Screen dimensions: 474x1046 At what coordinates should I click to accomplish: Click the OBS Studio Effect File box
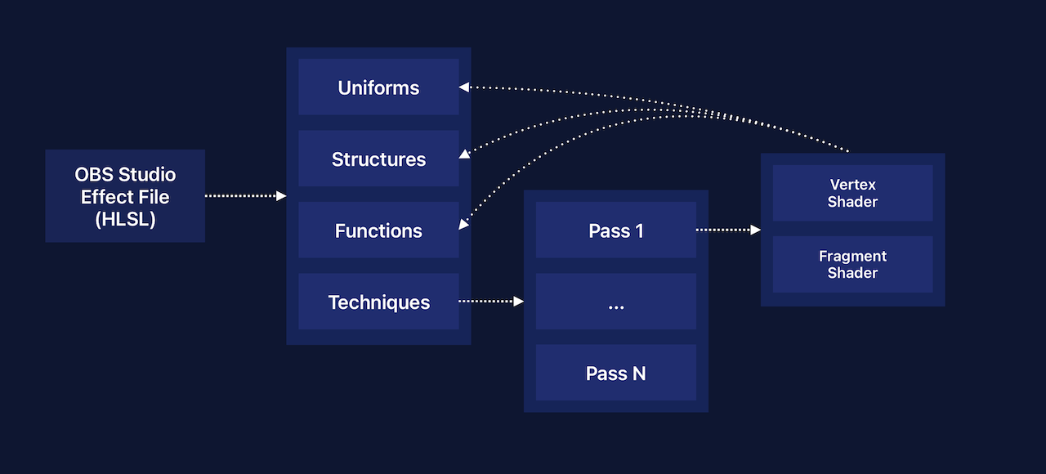point(125,196)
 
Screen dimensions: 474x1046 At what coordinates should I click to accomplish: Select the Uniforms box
point(378,87)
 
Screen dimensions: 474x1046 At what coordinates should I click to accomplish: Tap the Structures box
point(378,159)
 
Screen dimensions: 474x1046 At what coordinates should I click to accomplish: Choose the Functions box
point(378,230)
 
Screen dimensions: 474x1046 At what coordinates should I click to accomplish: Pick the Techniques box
point(378,302)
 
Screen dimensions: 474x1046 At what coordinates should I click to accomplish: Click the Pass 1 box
point(616,230)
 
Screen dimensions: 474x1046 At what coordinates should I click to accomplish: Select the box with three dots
point(616,302)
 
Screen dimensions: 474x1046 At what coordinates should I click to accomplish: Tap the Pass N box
point(616,373)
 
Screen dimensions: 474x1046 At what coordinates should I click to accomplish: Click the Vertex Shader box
point(852,193)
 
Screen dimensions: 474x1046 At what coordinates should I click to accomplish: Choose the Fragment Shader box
point(852,264)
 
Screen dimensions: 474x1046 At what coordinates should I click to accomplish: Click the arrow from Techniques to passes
point(490,302)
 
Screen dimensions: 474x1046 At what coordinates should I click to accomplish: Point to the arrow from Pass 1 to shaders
point(727,230)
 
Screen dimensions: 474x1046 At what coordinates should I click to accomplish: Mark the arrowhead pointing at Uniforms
point(463,86)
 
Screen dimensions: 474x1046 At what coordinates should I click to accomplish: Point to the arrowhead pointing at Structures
point(464,154)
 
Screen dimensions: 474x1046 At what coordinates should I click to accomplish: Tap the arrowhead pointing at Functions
point(463,225)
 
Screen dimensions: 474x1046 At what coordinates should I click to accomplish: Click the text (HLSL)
point(125,218)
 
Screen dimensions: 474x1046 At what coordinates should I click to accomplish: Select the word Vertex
point(852,185)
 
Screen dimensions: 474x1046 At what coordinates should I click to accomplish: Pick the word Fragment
point(852,256)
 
